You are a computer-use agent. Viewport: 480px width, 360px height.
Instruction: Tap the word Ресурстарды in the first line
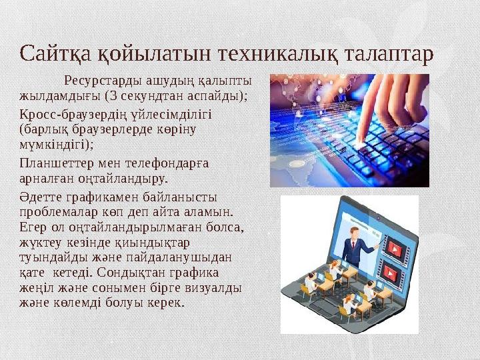coord(100,82)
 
